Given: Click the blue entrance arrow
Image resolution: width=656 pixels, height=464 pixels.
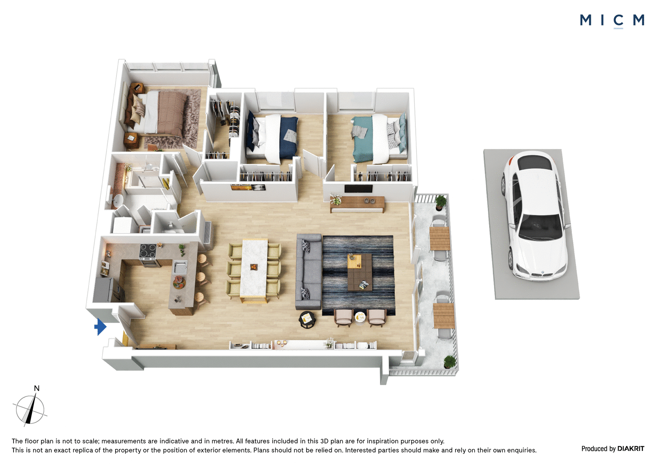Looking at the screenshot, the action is coord(100,327).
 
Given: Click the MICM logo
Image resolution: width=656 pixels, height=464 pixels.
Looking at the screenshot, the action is coord(612,21).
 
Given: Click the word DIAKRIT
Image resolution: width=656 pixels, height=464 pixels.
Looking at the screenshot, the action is coord(631,449).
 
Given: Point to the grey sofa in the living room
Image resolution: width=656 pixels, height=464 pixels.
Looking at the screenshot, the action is coord(309,272).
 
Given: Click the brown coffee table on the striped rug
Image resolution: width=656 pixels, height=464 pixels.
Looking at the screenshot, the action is coord(360,272).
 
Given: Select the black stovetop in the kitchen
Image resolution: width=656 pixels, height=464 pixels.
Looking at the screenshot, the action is coord(148,251).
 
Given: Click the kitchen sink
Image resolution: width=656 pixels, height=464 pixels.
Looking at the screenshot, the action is coord(180,267).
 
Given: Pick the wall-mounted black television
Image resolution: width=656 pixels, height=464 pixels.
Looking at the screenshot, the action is coord(358,188).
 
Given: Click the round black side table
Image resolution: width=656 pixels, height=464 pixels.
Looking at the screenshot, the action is coord(307,320).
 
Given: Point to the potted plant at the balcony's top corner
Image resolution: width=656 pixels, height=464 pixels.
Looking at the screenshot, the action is coord(440,202).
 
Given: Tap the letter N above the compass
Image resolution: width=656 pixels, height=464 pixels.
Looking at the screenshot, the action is coord(36,388).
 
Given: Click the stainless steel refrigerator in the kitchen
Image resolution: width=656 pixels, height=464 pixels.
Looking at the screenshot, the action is coord(104,290).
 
